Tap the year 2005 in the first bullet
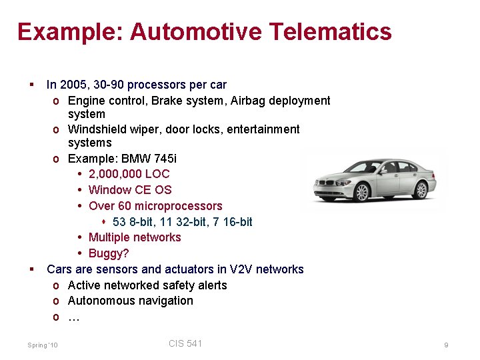[x=73, y=85]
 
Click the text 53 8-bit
[x=133, y=221]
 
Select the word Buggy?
[x=109, y=253]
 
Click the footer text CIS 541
[x=185, y=343]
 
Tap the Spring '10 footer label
[x=43, y=345]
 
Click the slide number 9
[x=446, y=345]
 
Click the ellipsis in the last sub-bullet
[x=74, y=317]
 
